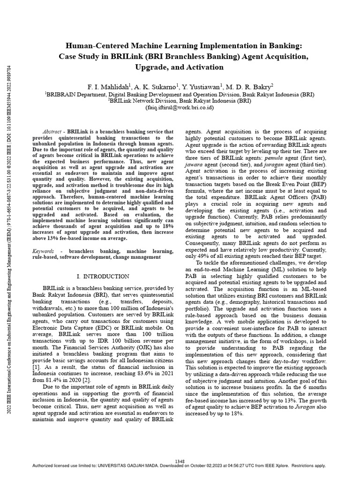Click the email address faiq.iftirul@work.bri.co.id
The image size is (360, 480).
tap(180, 107)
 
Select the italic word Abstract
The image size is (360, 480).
tap(52, 133)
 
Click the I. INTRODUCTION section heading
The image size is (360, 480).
tap(103, 277)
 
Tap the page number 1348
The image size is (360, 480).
tap(180, 462)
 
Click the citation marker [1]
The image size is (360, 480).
tap(36, 359)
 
